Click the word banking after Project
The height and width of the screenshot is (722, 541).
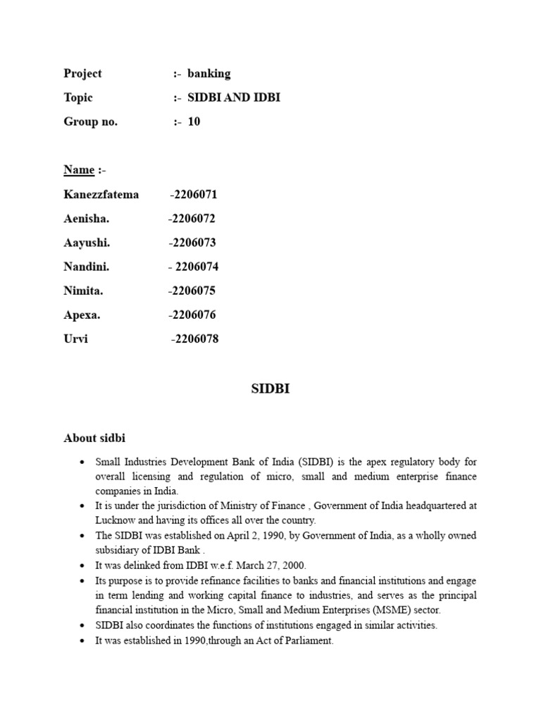tap(209, 73)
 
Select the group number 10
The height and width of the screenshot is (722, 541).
tap(194, 121)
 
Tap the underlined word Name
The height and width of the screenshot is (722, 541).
tap(79, 170)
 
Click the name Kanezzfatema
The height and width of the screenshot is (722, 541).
tap(101, 195)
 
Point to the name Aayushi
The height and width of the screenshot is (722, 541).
tap(86, 243)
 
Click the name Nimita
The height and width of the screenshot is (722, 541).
tap(83, 290)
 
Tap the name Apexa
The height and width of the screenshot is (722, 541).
tap(82, 314)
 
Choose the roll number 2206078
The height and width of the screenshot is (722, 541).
tap(197, 339)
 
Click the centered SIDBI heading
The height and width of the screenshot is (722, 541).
tap(270, 388)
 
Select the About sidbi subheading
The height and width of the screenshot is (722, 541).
tap(94, 439)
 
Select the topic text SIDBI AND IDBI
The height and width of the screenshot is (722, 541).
tap(233, 97)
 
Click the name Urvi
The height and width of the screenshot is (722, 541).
tap(75, 339)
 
